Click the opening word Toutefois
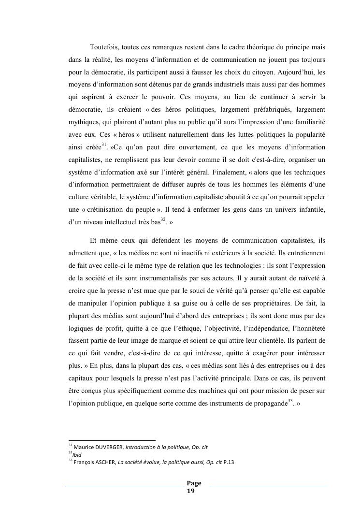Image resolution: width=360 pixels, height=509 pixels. click(x=104, y=47)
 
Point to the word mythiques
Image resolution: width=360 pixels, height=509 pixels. click(x=84, y=122)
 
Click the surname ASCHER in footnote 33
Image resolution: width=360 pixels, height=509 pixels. click(x=105, y=462)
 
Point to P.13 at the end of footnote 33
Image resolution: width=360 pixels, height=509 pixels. click(x=229, y=462)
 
